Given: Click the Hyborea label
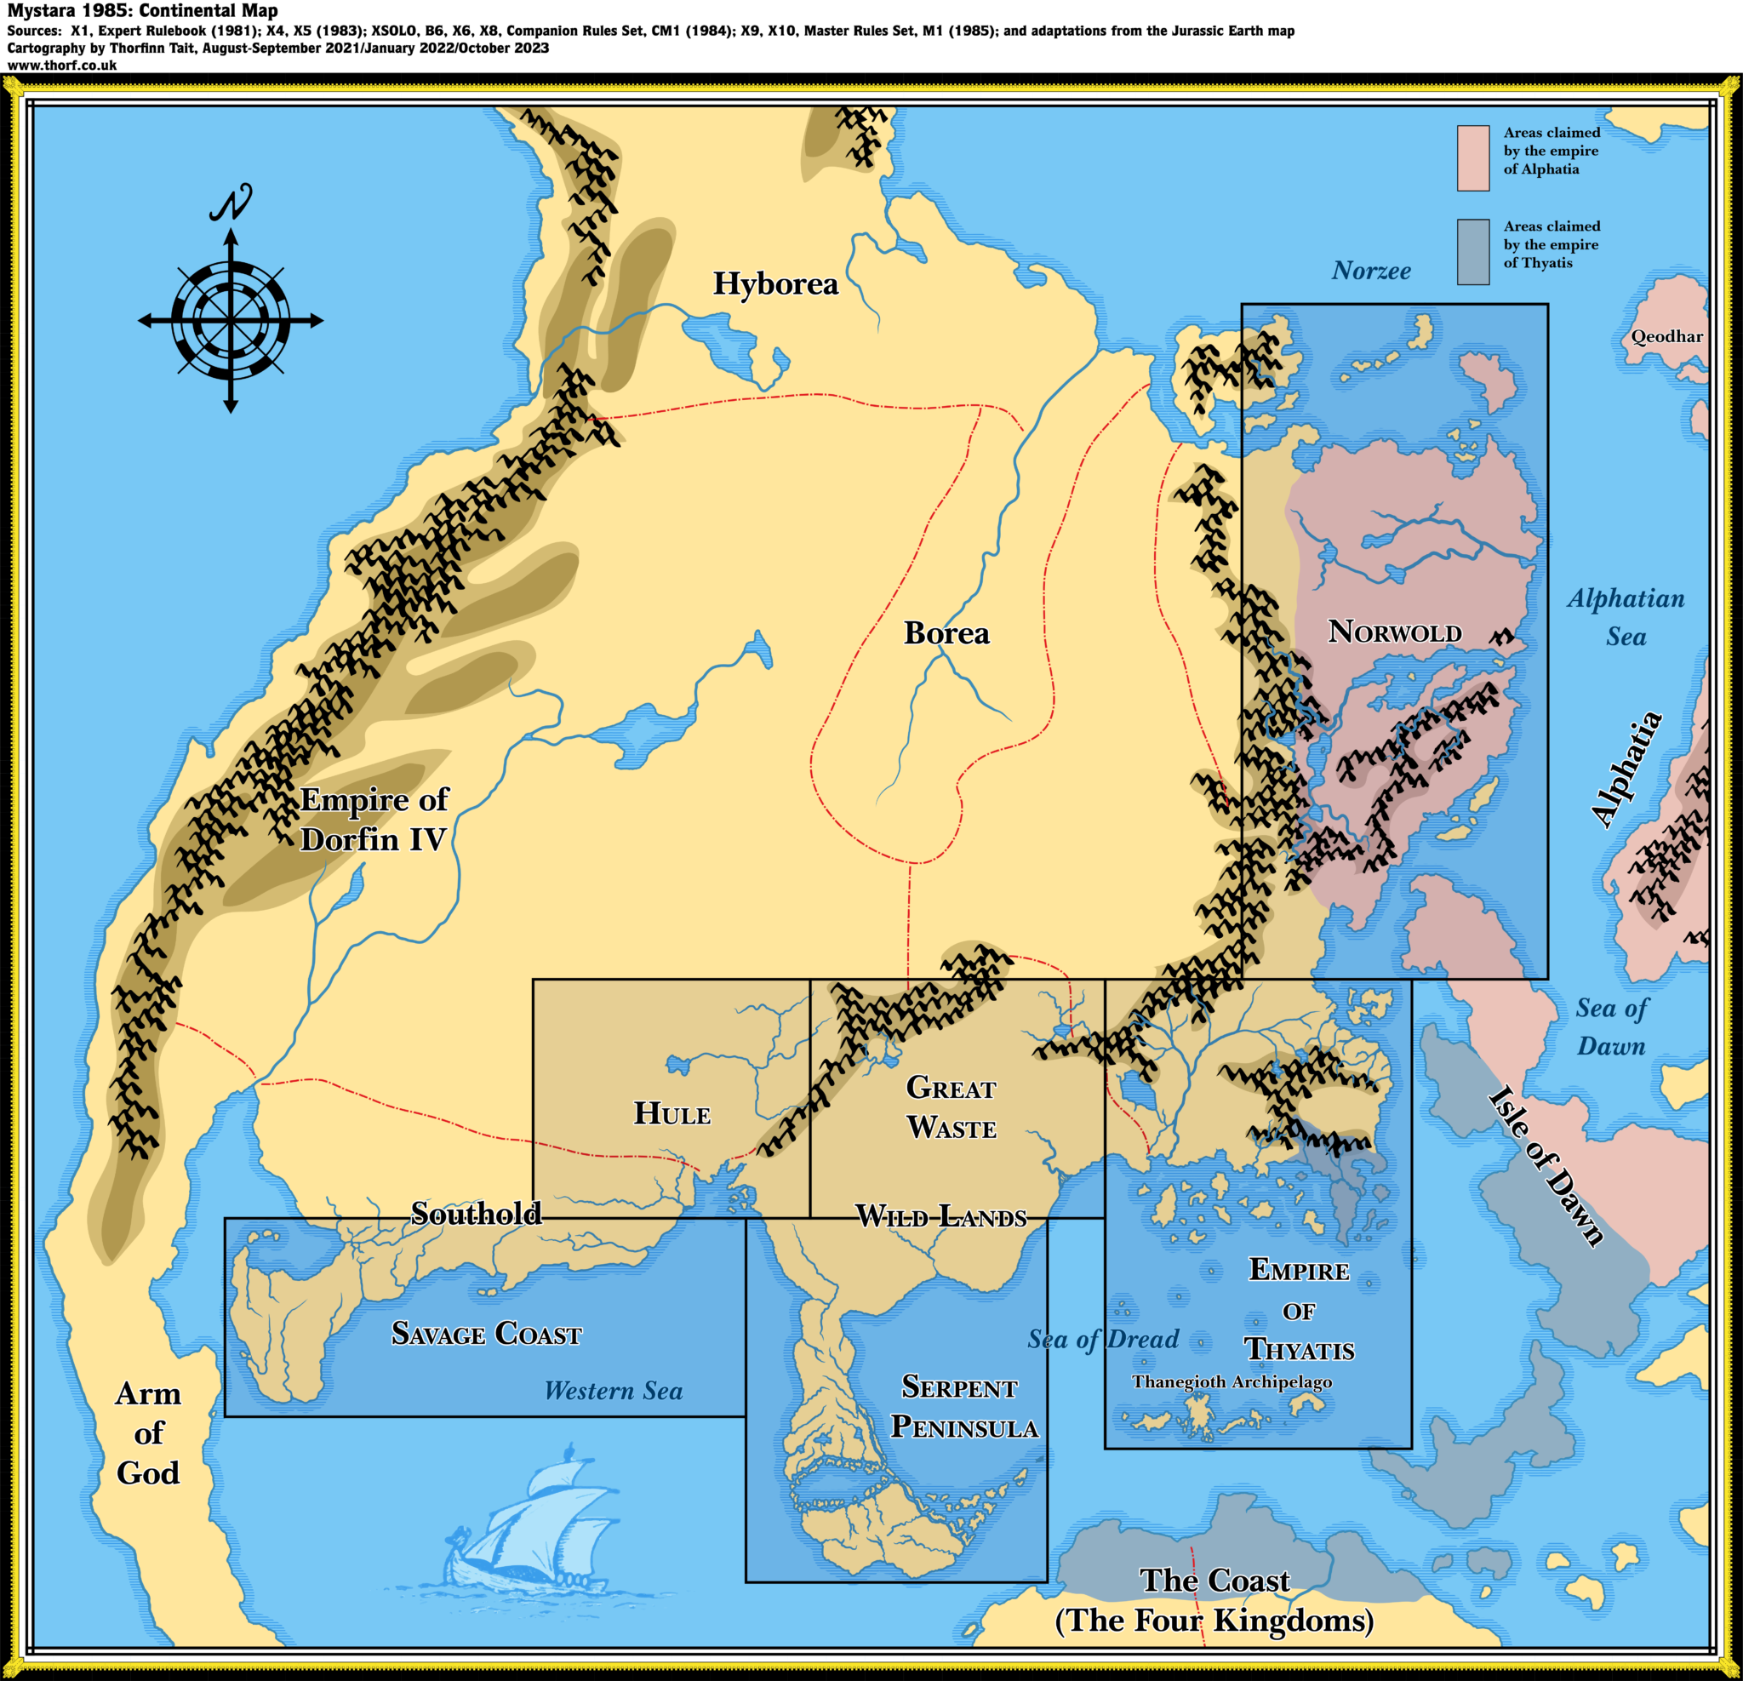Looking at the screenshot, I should click(x=775, y=283).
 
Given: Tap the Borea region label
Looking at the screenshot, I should click(x=946, y=633).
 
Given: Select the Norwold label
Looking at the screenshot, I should click(x=1394, y=632).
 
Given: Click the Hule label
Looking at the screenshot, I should click(x=671, y=1113).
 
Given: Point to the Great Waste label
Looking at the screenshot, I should click(x=951, y=1107).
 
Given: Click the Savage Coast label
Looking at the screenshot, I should click(x=487, y=1333).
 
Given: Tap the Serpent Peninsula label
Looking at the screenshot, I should click(x=963, y=1407).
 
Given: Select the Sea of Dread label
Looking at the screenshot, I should click(x=1103, y=1339).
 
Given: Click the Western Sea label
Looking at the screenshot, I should click(x=613, y=1391).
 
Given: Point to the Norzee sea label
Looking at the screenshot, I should click(x=1370, y=272).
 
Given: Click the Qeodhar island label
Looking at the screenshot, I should click(x=1666, y=336).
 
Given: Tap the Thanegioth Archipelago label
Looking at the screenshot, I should click(x=1232, y=1381).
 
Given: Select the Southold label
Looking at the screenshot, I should click(x=476, y=1213).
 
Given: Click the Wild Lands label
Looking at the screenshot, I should click(x=941, y=1215).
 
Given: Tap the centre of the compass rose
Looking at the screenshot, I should click(x=231, y=320).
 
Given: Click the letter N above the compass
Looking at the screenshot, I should click(x=231, y=203).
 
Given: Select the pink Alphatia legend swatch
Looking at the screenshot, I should click(x=1472, y=158).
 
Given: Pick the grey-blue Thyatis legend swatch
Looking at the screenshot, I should click(x=1472, y=252).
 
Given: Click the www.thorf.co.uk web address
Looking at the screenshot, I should click(x=62, y=65).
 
